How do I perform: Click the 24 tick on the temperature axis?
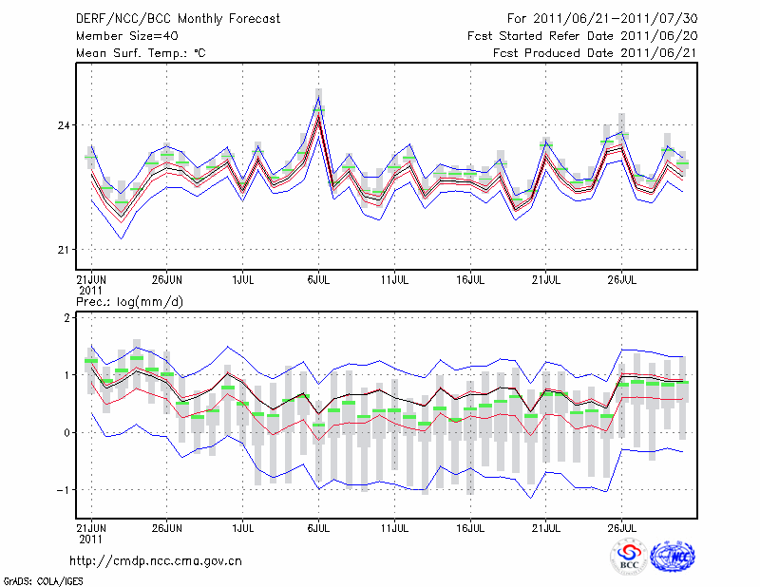66,125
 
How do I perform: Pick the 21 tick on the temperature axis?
66,250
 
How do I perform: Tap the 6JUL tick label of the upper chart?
319,280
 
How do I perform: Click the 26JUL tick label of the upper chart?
622,280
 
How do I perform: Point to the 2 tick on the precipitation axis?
67,318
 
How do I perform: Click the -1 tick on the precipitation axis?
65,490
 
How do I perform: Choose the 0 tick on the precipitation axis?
67,433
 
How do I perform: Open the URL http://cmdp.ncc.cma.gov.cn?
156,560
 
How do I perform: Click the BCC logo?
628,557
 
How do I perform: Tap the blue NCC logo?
672,557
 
